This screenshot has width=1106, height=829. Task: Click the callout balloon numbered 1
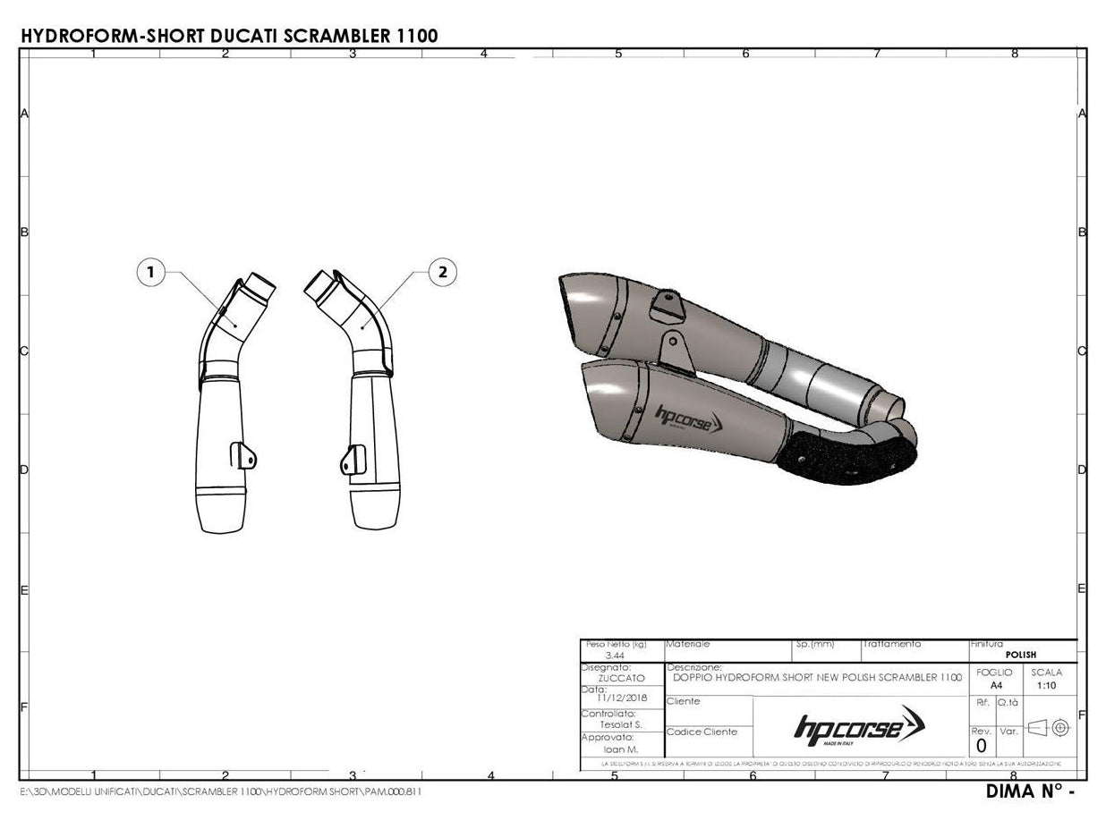pyautogui.click(x=151, y=272)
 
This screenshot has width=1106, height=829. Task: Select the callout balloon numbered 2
pyautogui.click(x=443, y=272)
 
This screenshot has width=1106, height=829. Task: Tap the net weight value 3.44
pyautogui.click(x=615, y=656)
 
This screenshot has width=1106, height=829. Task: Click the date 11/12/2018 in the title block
pyautogui.click(x=622, y=698)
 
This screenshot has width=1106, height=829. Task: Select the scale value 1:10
pyautogui.click(x=1045, y=685)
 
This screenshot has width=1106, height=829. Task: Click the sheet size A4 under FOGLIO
pyautogui.click(x=996, y=685)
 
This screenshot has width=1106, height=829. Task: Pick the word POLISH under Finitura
pyautogui.click(x=1021, y=655)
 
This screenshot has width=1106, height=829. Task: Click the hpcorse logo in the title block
pyautogui.click(x=860, y=726)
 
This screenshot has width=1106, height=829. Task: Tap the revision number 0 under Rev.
pyautogui.click(x=981, y=746)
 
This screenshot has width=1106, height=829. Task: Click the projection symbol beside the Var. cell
pyautogui.click(x=1049, y=728)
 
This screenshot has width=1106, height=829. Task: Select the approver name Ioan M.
pyautogui.click(x=621, y=749)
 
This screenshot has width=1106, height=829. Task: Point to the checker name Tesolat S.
pyautogui.click(x=620, y=724)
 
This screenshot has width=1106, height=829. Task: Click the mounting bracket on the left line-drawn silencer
pyautogui.click(x=243, y=453)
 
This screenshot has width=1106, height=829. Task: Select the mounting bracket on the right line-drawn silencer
pyautogui.click(x=353, y=458)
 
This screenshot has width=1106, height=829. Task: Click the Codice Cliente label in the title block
pyautogui.click(x=702, y=732)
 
